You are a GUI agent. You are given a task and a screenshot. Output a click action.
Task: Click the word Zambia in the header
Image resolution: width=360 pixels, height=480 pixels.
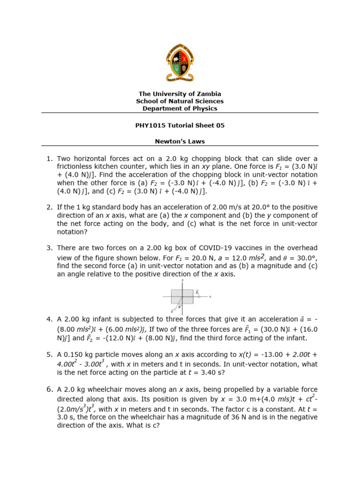(x=209, y=94)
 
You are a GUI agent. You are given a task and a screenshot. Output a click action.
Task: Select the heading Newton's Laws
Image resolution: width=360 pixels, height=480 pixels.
(x=180, y=141)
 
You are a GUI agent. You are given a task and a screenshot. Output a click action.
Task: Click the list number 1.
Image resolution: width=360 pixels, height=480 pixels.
(x=49, y=159)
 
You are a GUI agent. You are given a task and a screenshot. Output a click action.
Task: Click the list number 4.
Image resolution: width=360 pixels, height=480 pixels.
(x=49, y=319)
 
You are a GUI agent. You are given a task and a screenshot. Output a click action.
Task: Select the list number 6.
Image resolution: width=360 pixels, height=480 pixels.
(x=49, y=390)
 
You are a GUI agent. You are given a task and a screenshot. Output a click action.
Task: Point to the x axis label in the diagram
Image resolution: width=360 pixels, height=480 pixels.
(x=210, y=297)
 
